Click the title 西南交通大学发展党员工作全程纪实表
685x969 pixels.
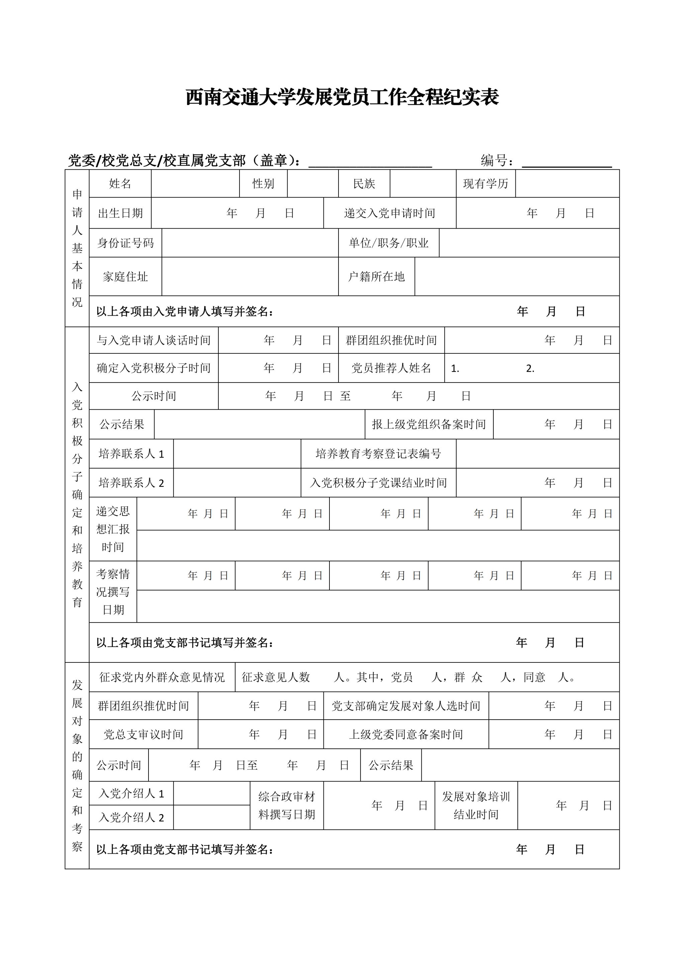[x=342, y=97]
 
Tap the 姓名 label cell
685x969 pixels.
[x=120, y=183]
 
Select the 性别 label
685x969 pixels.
[x=263, y=183]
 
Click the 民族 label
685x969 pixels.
[x=364, y=183]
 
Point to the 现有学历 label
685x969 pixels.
[x=486, y=183]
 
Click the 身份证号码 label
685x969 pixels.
[x=125, y=243]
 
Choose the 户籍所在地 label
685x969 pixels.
[x=376, y=277]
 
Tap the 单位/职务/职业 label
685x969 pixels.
[x=388, y=243]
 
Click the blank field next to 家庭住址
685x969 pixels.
[x=250, y=277]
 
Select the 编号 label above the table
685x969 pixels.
[x=497, y=161]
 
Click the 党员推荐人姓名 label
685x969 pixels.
[x=391, y=368]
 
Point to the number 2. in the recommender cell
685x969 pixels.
[x=530, y=369]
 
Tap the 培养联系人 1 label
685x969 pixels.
[x=131, y=454]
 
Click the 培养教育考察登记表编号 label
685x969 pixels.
[x=378, y=454]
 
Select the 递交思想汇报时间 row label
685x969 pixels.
[x=113, y=529]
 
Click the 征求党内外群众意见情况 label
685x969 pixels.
[x=162, y=677]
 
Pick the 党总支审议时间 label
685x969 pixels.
[x=143, y=735]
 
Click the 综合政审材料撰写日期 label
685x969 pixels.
[x=287, y=805]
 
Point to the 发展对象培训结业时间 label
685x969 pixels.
[x=476, y=805]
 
